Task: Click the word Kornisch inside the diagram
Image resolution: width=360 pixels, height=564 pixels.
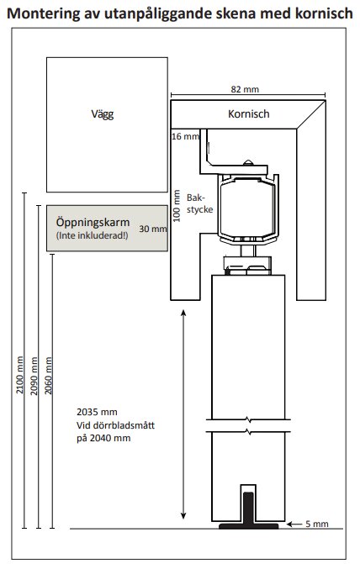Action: (x=249, y=113)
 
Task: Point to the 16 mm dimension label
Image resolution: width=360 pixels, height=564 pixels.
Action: (x=185, y=135)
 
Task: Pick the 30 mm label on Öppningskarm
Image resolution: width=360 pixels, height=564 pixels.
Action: (x=152, y=229)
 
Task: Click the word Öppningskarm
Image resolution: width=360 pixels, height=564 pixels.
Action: (x=93, y=222)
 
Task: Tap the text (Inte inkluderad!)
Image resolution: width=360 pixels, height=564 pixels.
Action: (x=93, y=237)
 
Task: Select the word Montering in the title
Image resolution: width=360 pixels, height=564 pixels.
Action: (x=48, y=13)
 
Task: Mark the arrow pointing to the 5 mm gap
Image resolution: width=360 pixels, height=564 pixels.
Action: (x=290, y=524)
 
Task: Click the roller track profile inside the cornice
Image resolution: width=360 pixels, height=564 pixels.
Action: (x=248, y=206)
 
